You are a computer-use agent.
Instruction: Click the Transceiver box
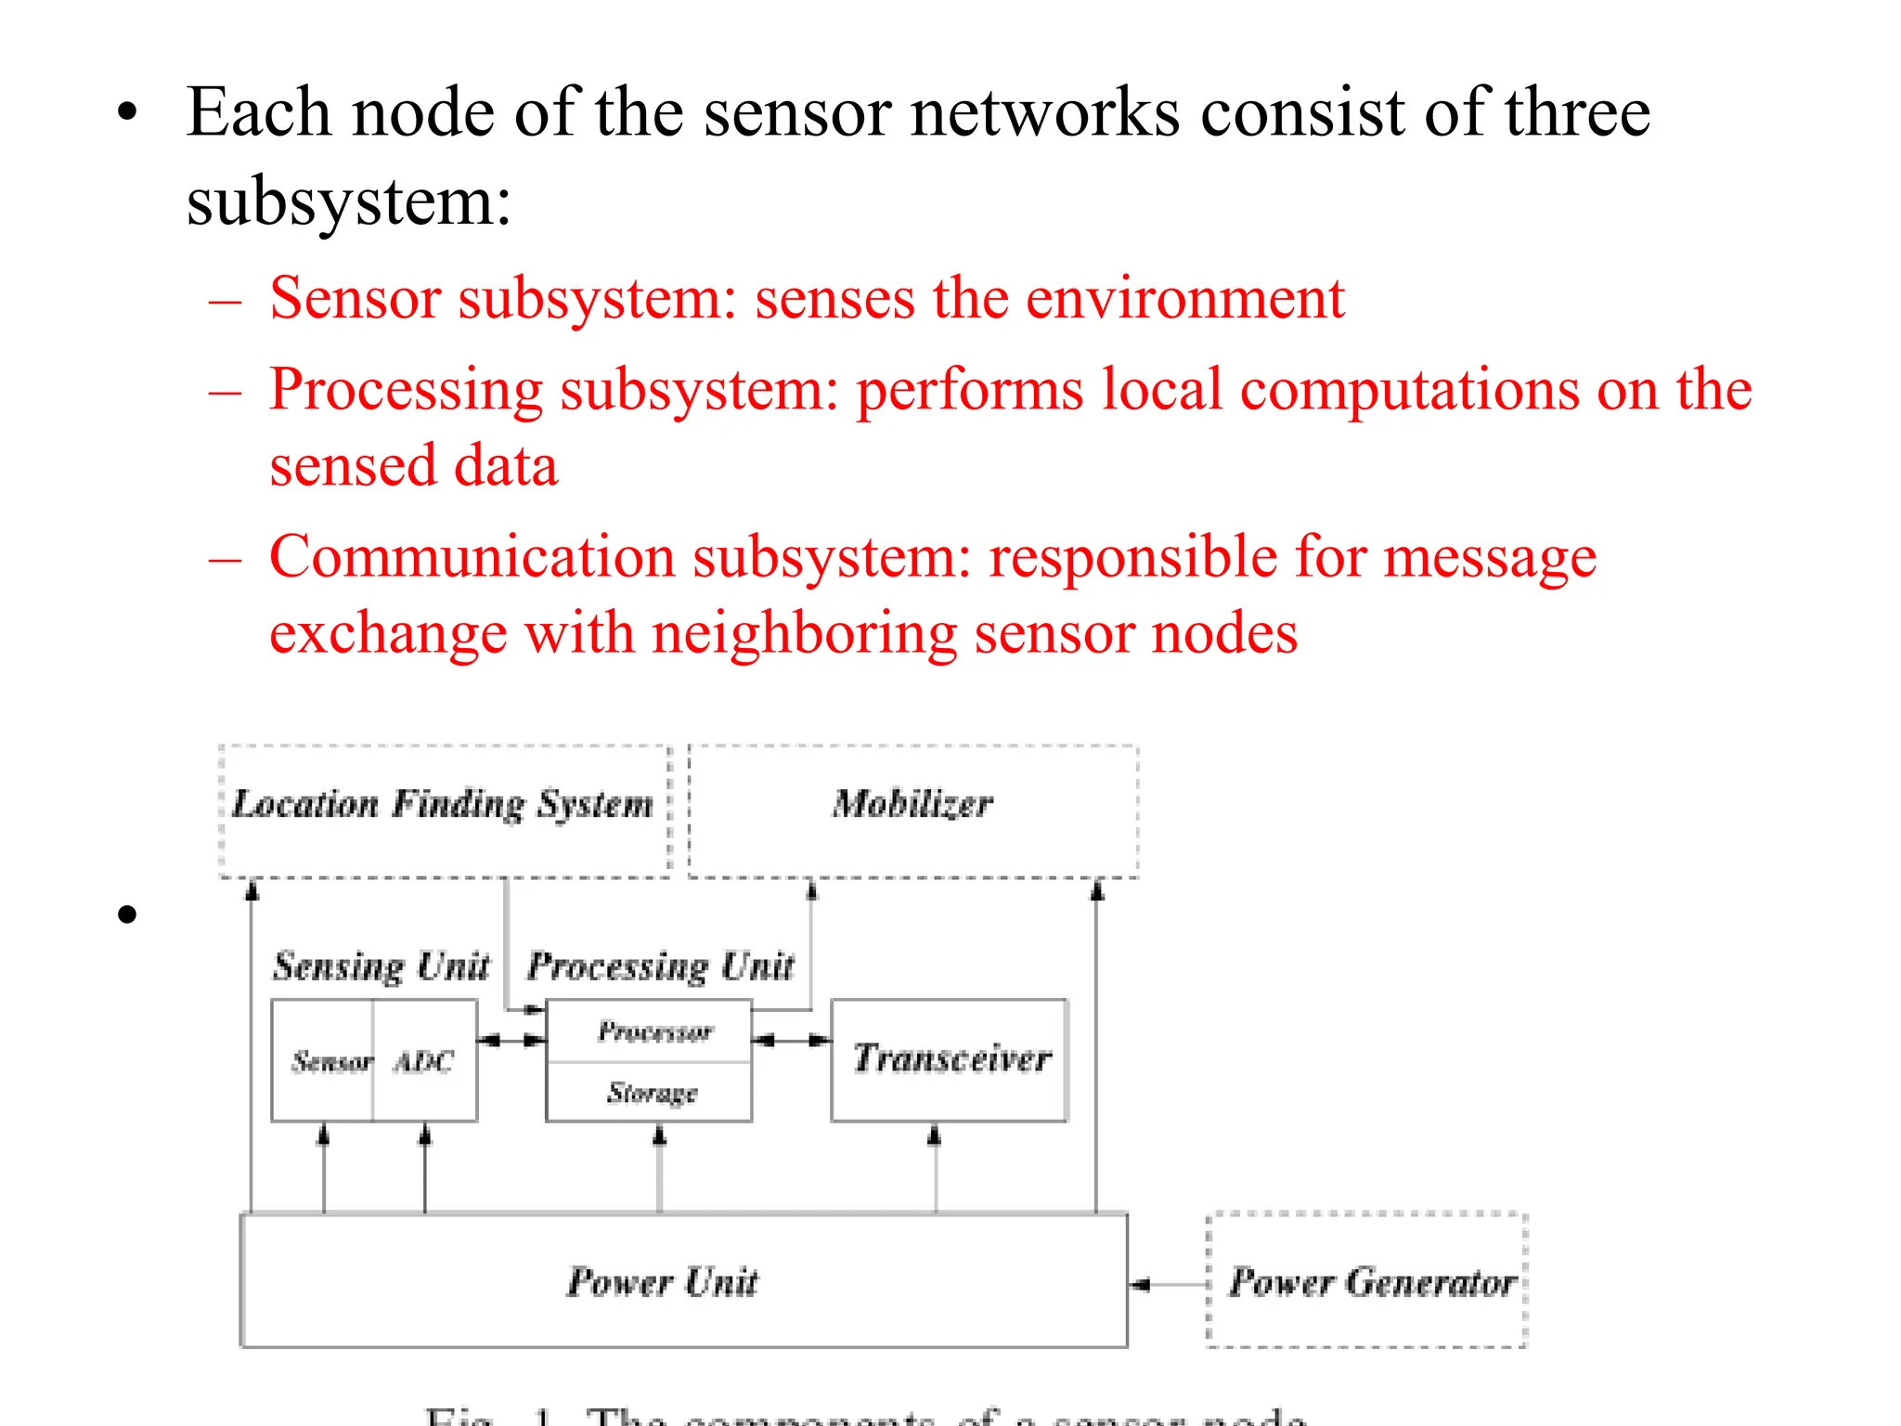click(949, 1059)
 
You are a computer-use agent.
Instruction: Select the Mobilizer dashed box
click(913, 810)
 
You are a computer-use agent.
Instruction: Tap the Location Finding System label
click(442, 804)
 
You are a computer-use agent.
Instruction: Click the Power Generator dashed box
click(1366, 1281)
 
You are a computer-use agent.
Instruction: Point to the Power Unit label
click(663, 1283)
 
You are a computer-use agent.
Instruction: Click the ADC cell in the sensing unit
click(424, 1061)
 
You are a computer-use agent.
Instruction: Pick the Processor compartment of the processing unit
click(653, 1031)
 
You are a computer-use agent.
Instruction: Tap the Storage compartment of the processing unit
click(652, 1093)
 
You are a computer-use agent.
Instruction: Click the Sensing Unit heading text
click(381, 966)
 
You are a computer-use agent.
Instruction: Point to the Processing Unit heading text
click(660, 966)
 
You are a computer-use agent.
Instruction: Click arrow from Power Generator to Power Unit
click(1168, 1285)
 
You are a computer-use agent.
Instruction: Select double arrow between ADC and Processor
click(511, 1041)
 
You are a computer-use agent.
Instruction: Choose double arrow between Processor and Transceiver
click(791, 1041)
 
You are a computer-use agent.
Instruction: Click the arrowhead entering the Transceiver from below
click(935, 1134)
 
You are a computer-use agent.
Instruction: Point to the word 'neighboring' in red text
click(804, 634)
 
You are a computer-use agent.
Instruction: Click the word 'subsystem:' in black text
click(348, 201)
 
